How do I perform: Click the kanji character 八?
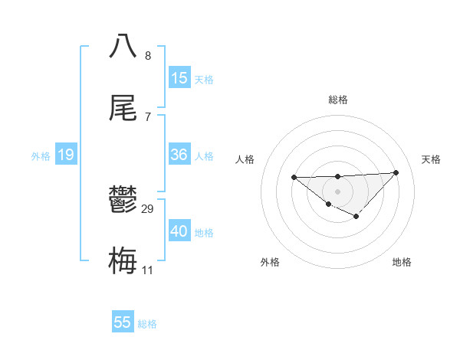[123, 45]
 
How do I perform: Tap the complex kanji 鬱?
[123, 201]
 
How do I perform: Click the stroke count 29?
[148, 209]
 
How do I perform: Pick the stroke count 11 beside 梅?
[148, 270]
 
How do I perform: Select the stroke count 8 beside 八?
[148, 55]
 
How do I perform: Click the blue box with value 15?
[179, 77]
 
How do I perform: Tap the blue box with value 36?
[179, 155]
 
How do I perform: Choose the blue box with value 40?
[179, 231]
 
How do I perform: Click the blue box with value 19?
[66, 155]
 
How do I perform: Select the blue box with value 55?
[123, 322]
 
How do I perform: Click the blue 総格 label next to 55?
[147, 324]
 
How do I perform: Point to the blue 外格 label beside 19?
[41, 156]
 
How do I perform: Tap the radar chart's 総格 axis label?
[337, 100]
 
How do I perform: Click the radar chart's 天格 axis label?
[431, 159]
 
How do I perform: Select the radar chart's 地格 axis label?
[402, 263]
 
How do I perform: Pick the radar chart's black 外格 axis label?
[270, 263]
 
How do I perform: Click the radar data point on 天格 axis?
[396, 172]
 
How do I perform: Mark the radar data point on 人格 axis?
[294, 177]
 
